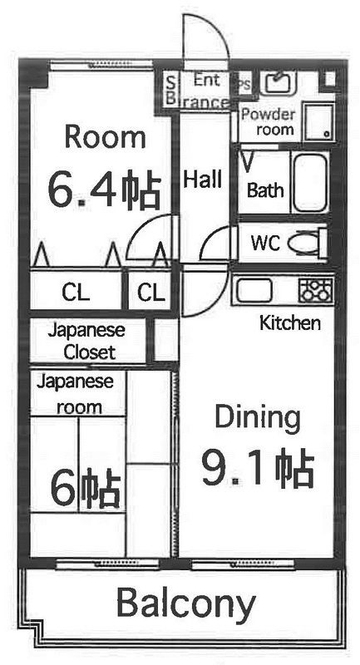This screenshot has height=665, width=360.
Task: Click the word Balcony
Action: coord(185,603)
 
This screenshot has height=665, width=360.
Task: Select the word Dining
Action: coord(258,418)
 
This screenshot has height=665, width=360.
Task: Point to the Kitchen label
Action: coord(289,323)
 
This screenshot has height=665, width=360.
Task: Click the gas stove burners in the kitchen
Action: coord(316,290)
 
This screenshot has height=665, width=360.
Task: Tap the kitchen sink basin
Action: coord(254,290)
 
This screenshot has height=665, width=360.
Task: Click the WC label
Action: coord(265,243)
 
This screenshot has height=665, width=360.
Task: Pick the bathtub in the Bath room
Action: coord(310,182)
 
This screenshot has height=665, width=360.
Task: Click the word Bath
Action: coord(265,190)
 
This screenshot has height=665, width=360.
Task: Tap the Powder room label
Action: coord(268,121)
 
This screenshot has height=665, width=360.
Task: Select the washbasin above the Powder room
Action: coord(278,83)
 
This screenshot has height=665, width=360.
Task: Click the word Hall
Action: coord(202,180)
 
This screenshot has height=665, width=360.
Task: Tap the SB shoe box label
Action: coord(170,91)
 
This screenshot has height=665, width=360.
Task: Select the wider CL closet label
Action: coord(76,293)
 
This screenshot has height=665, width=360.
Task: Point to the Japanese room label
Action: coord(75,394)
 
